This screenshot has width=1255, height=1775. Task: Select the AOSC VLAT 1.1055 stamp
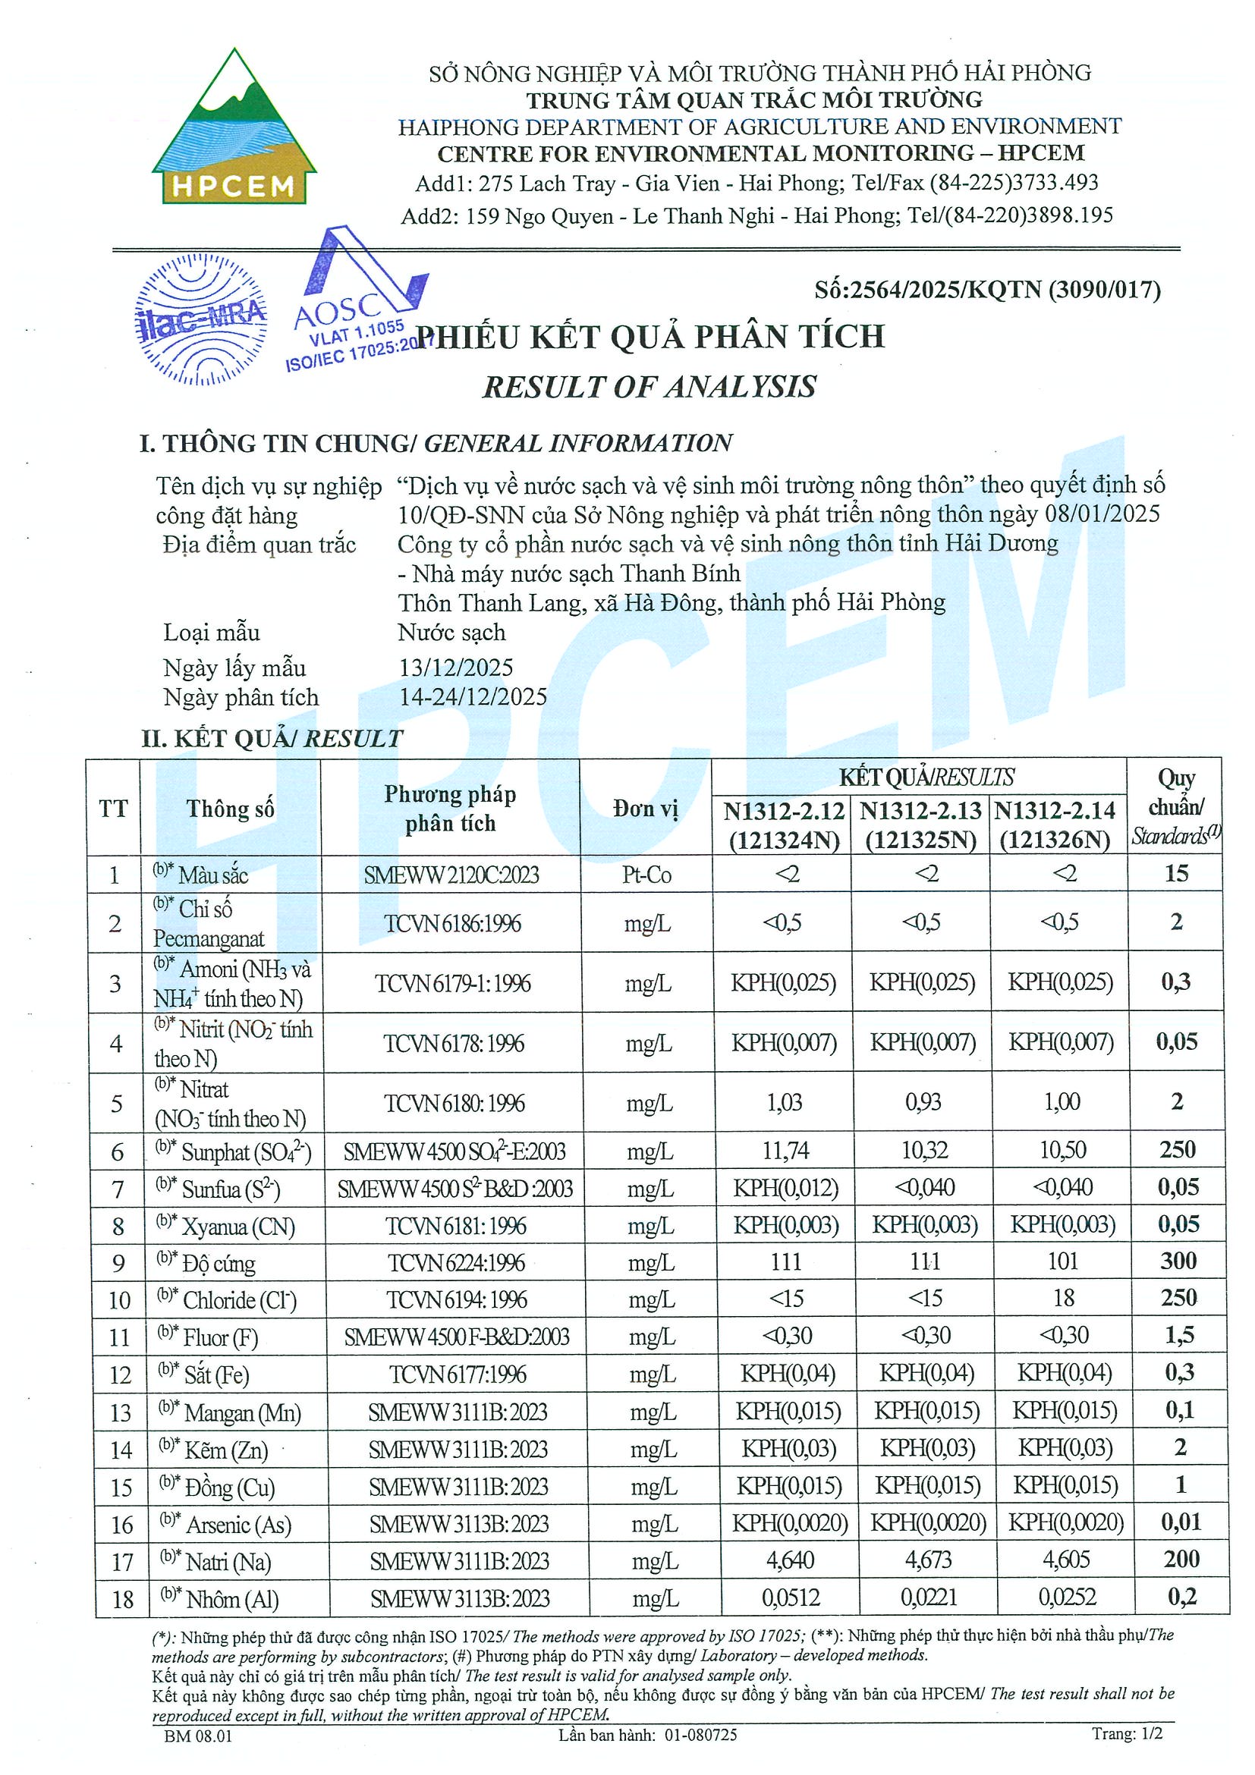(x=356, y=301)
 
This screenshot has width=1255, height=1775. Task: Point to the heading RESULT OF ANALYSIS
(x=650, y=387)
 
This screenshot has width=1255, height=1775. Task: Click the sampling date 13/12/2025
(x=455, y=668)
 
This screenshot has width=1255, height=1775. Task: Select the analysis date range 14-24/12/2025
(x=473, y=696)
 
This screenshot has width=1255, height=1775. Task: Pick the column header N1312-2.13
(x=920, y=811)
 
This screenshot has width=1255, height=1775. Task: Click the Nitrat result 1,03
(x=784, y=1101)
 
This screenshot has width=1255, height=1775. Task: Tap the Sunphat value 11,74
(x=785, y=1151)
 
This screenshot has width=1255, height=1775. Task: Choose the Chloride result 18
(x=1063, y=1298)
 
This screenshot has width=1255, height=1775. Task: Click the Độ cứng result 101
(x=1062, y=1261)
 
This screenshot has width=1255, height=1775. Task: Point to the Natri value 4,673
(x=928, y=1560)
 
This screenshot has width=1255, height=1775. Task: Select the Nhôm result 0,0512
(x=791, y=1597)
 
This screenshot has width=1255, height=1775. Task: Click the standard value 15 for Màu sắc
(x=1176, y=874)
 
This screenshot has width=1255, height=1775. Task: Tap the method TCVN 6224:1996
(x=456, y=1262)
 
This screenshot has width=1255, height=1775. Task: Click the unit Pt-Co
(x=646, y=875)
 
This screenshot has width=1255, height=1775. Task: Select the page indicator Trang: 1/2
(x=1127, y=1733)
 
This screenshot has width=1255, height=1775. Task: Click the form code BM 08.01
(x=198, y=1736)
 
